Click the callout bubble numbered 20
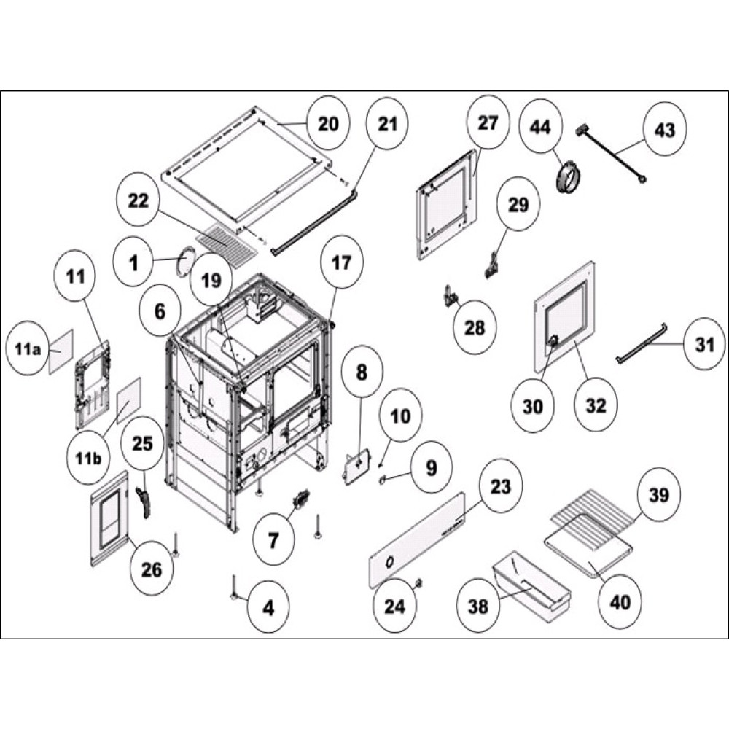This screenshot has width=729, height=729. click(328, 124)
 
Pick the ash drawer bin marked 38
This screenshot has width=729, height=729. click(531, 584)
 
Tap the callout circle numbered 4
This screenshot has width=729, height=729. click(268, 607)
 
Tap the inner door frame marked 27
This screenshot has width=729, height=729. click(445, 204)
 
